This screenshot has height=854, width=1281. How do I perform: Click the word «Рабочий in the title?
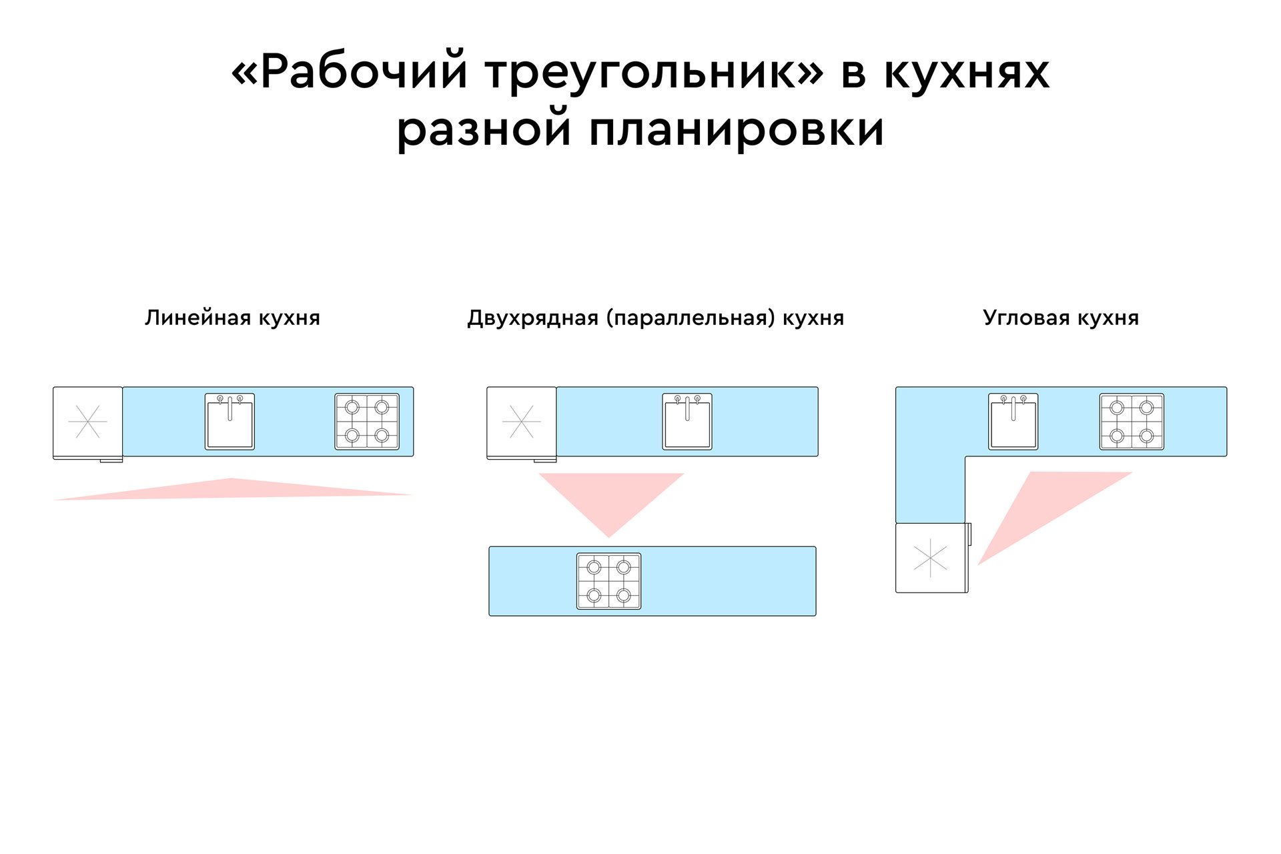(350, 71)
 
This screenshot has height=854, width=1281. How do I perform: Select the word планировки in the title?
(737, 129)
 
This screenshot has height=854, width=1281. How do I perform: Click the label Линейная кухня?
(232, 318)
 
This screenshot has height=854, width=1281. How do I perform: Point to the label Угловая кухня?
(1060, 318)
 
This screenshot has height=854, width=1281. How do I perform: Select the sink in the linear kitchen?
(230, 422)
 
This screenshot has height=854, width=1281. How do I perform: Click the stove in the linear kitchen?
(367, 422)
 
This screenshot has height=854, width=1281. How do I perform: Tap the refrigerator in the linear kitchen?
(87, 422)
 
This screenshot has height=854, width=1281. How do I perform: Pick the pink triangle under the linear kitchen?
(232, 490)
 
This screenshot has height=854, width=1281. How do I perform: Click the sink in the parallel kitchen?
(687, 422)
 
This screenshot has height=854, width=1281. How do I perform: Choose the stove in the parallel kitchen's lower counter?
(608, 581)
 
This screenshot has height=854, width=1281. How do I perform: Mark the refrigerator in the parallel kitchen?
(521, 422)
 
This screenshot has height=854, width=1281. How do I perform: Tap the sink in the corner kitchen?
(1013, 422)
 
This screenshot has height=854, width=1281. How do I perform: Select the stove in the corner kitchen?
(1132, 422)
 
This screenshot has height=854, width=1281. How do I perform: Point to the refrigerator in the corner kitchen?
(930, 558)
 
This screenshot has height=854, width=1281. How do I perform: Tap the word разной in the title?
(484, 129)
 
